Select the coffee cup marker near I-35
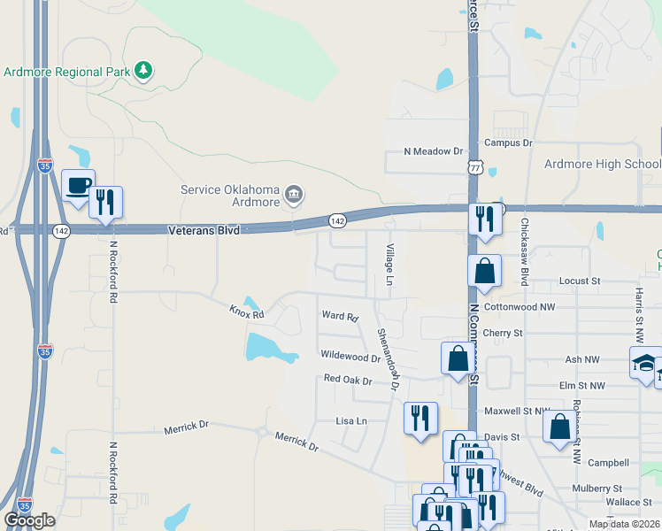[x=79, y=186]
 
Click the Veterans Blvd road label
[x=204, y=229]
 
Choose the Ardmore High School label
[x=602, y=164]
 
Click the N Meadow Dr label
[x=434, y=151]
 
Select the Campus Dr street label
[x=508, y=142]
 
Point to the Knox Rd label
[x=247, y=312]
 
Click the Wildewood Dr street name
[x=350, y=358]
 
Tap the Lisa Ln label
[x=351, y=421]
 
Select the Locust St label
[x=580, y=281]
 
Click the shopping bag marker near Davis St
[x=559, y=428]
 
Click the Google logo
[x=29, y=520]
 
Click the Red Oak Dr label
[x=348, y=379]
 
